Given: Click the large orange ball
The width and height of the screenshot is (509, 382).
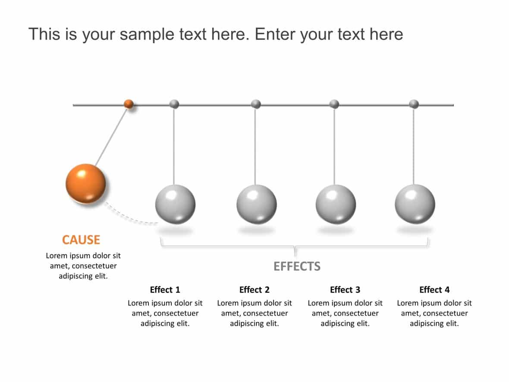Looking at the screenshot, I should [x=85, y=183].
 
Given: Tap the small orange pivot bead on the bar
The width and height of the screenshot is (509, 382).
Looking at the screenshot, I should [x=129, y=104].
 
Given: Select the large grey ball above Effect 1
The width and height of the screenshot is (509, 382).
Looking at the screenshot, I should [x=175, y=204].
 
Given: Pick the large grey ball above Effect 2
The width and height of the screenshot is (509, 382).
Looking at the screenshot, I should [x=257, y=204].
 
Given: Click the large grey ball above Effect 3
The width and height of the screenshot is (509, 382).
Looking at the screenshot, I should [x=336, y=204].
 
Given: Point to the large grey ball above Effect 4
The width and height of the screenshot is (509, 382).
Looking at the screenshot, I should [x=415, y=204].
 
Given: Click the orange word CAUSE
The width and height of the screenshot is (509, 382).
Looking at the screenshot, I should [x=81, y=240].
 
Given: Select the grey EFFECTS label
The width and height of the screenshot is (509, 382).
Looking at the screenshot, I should [x=297, y=266].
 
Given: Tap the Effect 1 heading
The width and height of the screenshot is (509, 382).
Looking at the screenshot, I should [x=165, y=290].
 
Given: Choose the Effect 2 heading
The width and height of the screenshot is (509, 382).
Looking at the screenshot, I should [x=255, y=290].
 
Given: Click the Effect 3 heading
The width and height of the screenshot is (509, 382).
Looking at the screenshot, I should [x=345, y=290].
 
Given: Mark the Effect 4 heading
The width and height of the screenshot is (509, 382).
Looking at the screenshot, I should [x=434, y=290].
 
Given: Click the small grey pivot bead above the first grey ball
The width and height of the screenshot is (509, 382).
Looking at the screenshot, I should [x=174, y=104].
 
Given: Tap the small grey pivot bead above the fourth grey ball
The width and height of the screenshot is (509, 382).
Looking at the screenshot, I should [x=414, y=104].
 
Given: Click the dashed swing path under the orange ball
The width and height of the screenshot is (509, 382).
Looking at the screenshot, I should [x=129, y=218].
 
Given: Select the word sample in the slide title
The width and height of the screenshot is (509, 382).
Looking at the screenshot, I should [x=145, y=34].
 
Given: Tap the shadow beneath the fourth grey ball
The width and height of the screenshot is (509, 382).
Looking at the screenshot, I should [x=415, y=230].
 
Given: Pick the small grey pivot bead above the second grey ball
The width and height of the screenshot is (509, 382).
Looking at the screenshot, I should [x=256, y=104].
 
